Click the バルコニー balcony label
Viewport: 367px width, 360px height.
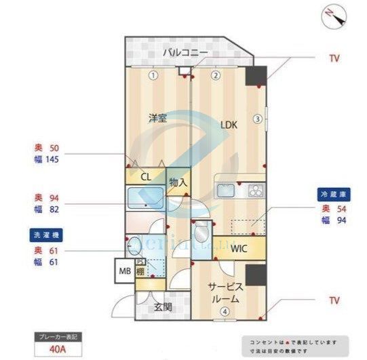185,53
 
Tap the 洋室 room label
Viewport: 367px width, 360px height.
157,118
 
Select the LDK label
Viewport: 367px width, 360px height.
228,125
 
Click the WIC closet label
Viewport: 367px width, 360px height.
239,248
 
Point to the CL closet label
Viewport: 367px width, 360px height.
145,176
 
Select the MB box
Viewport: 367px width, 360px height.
125,271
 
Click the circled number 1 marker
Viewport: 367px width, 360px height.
154,75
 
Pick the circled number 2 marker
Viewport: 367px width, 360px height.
215,75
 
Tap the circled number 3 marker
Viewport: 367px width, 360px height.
257,119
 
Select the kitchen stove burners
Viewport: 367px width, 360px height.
255,190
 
